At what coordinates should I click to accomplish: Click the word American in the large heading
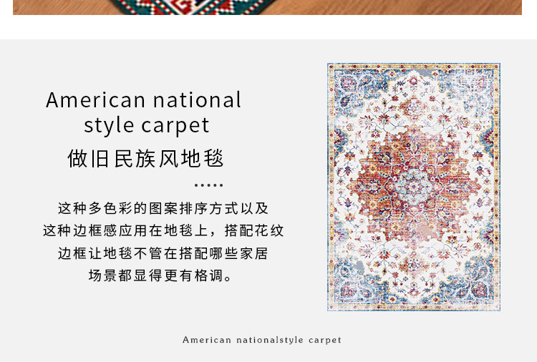[x=95, y=100]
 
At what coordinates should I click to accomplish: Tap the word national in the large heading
[x=197, y=99]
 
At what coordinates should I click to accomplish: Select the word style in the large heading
[x=109, y=126]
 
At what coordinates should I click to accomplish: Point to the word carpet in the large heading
[x=175, y=126]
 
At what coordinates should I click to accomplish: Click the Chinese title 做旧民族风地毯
[x=145, y=158]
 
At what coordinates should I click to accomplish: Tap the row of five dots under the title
[x=208, y=185]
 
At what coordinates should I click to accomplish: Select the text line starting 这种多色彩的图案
[x=163, y=208]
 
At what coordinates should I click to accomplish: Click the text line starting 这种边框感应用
[x=163, y=230]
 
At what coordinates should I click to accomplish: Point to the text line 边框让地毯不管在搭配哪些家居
[x=163, y=253]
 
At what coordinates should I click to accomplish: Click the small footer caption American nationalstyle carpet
[x=262, y=340]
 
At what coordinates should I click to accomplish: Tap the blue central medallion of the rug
[x=413, y=186]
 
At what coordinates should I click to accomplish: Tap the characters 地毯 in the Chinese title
[x=203, y=158]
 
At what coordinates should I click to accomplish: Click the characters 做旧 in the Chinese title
[x=88, y=158]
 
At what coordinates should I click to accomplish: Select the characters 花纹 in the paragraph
[x=268, y=230]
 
